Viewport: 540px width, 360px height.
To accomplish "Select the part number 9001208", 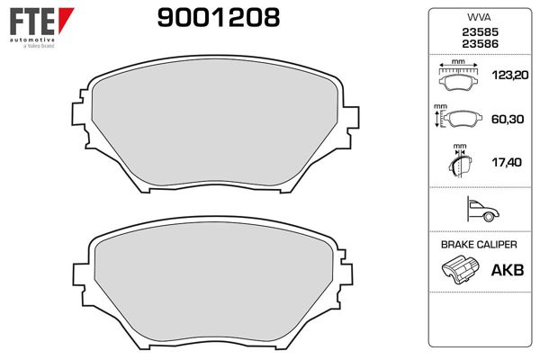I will [219, 18].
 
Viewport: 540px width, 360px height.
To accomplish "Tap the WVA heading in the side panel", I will [477, 16].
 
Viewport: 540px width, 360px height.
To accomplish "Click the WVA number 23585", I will [477, 32].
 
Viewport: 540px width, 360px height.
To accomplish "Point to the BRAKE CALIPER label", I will [477, 245].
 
